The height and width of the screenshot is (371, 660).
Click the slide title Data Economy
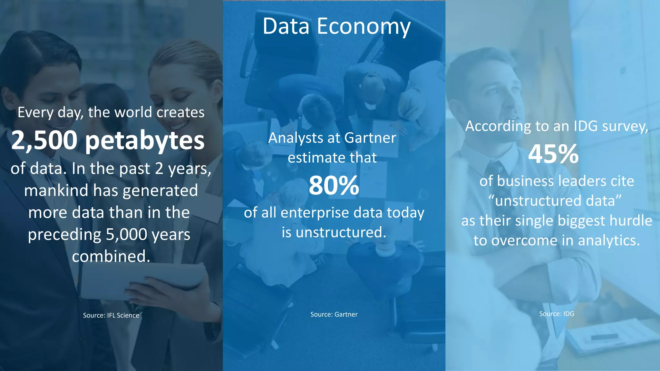point(336,26)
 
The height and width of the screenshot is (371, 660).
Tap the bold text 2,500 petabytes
point(108,140)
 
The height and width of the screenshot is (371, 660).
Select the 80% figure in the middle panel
point(334,186)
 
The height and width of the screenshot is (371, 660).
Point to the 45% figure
point(553,154)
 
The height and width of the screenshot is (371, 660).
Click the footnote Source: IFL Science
point(111,315)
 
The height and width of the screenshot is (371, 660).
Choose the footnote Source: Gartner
point(334,314)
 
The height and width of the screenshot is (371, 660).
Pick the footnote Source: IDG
point(557,314)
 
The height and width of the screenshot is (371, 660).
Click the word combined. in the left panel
point(111,256)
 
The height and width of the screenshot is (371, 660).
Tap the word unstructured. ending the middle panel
point(341,232)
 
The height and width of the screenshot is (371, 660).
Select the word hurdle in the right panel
point(631,221)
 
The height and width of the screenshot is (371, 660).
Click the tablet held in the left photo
point(142,280)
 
